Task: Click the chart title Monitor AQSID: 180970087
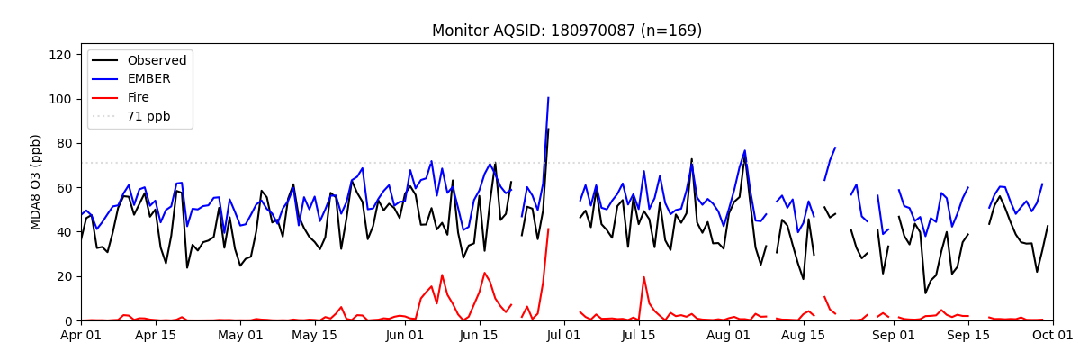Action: click(x=567, y=31)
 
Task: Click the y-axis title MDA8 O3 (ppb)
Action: click(x=37, y=182)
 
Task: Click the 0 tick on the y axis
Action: click(x=68, y=320)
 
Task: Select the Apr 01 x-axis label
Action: click(x=81, y=336)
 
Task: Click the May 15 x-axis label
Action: click(x=315, y=336)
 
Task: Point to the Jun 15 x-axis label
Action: click(x=480, y=336)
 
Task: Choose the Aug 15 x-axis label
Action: click(x=804, y=336)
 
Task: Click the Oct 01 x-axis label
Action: click(x=1052, y=336)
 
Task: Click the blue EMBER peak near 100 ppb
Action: click(x=548, y=98)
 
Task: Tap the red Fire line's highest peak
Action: click(x=548, y=229)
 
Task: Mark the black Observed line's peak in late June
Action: click(x=548, y=130)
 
